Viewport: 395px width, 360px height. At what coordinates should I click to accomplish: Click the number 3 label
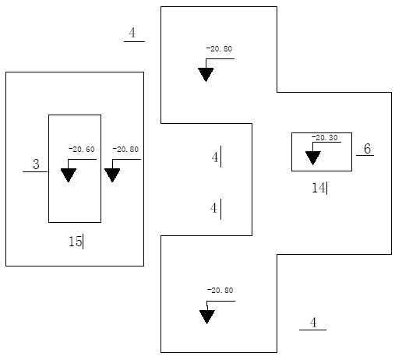coord(37,164)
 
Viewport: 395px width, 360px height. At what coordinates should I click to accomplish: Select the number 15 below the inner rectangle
coord(75,242)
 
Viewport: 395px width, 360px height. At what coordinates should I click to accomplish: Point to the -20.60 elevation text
coord(82,150)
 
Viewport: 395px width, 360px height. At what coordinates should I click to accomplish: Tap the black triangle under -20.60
coord(69,175)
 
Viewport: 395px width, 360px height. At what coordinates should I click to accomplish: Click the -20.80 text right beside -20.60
coord(125,150)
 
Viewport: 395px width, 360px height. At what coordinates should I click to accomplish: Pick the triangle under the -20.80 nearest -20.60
coord(112,175)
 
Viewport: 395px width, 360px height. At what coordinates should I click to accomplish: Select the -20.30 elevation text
coord(325,137)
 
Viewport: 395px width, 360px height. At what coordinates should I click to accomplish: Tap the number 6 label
coord(367,149)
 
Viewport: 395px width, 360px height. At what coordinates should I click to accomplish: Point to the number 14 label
coord(319,188)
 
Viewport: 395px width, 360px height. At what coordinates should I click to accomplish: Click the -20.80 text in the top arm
coord(219,49)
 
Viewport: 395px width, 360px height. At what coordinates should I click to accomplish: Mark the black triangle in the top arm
coord(206,75)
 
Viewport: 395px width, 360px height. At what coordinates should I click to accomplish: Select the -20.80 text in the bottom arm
coord(220,291)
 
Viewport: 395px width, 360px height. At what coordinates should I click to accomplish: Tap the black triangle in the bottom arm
coord(207,317)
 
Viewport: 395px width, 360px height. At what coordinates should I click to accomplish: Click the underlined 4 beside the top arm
coord(132,33)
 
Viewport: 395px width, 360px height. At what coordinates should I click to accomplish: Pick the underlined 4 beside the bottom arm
coord(313,323)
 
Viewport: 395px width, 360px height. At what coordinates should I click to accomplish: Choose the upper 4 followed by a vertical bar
coord(215,157)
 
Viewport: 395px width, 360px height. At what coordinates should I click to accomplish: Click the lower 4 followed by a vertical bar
coord(213,208)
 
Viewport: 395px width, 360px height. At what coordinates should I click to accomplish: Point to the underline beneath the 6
coord(365,155)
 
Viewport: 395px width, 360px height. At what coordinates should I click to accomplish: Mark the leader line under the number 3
coord(35,171)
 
